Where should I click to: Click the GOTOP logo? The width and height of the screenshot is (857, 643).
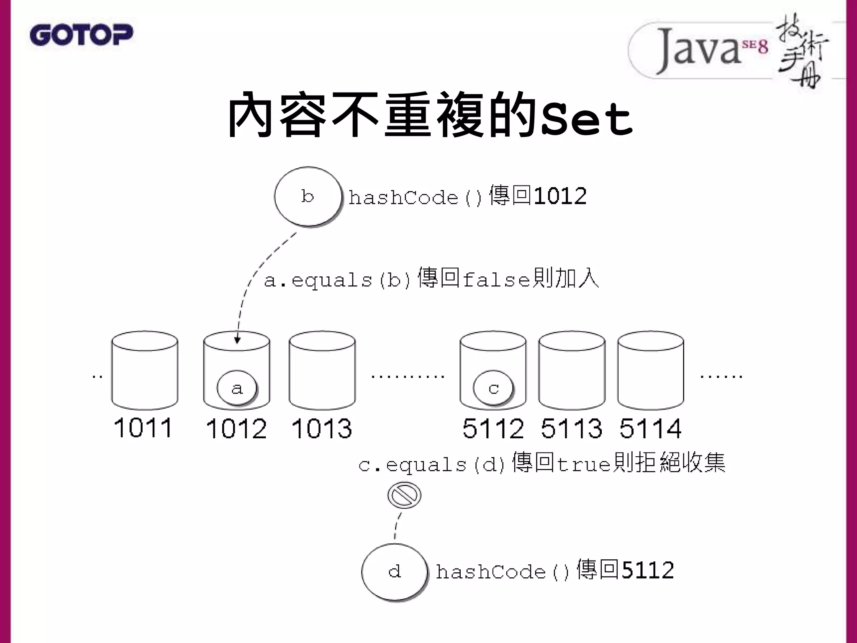click(81, 35)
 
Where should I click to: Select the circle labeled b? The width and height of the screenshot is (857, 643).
click(308, 196)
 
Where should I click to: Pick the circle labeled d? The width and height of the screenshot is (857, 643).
click(395, 572)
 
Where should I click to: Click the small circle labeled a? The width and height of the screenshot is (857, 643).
click(237, 388)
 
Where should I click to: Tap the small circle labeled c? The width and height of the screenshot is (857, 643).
click(493, 388)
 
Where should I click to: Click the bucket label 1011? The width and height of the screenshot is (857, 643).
click(143, 428)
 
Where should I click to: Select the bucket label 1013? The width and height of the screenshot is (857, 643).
click(322, 429)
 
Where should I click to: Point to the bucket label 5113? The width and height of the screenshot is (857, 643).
click(572, 429)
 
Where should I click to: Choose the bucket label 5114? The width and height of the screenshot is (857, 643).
click(650, 429)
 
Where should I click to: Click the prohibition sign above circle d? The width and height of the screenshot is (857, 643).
click(404, 495)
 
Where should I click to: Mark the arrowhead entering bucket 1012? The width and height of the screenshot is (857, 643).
click(237, 340)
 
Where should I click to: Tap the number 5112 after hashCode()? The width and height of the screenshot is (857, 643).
click(648, 570)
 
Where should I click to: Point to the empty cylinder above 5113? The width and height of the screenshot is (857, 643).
click(572, 370)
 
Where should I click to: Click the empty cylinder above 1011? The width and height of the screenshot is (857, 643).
click(144, 370)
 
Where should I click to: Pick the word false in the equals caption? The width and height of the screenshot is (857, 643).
click(497, 280)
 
